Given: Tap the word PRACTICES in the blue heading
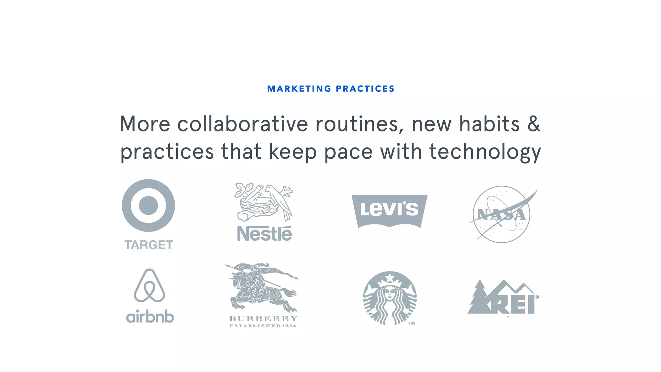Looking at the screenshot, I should tap(365, 89).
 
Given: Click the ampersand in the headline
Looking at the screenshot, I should tap(534, 124).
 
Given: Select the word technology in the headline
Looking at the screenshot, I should tap(485, 152).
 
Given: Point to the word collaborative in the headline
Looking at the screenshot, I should tap(243, 124).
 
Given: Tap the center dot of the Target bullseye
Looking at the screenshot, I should tap(148, 205).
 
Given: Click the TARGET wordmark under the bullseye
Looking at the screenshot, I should tap(149, 245).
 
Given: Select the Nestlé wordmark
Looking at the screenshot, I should tap(264, 233).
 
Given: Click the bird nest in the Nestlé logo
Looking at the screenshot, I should tap(258, 207).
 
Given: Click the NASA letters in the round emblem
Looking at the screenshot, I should tap(501, 215).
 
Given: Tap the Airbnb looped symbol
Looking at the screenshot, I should tap(149, 285).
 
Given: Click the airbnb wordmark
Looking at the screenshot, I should tap(150, 317).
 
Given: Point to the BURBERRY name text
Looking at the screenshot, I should tap(263, 319).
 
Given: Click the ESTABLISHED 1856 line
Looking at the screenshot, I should tap(263, 326).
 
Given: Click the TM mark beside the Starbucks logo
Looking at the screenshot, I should tap(412, 323).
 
